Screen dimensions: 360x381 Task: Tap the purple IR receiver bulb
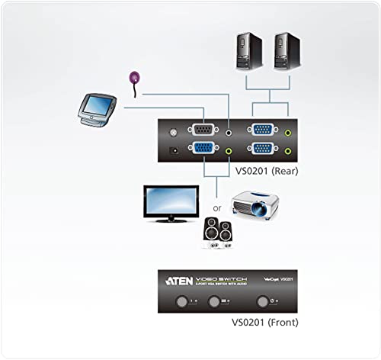click(x=135, y=76)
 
